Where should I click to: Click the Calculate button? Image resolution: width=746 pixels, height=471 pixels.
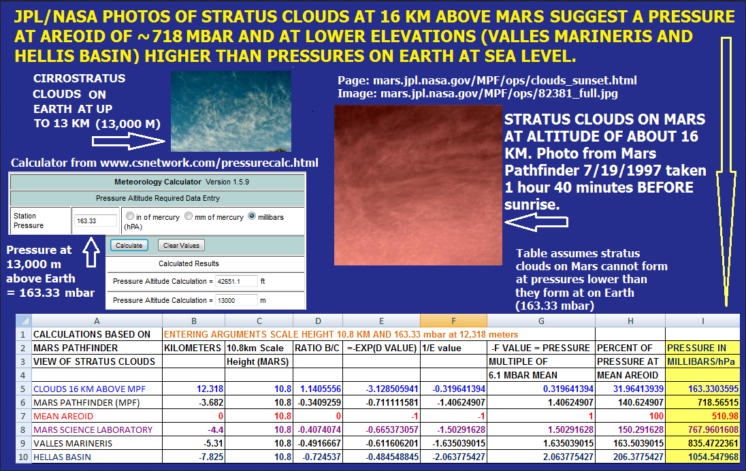tap(129, 245)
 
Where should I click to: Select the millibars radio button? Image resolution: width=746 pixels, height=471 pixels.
tap(252, 216)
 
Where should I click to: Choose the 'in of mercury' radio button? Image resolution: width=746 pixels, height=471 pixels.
tap(130, 216)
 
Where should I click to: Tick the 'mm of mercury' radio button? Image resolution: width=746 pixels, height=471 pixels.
tap(189, 216)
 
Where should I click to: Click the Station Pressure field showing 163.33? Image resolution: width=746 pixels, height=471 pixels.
tap(95, 221)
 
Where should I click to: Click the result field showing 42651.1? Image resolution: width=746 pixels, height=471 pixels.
tap(236, 281)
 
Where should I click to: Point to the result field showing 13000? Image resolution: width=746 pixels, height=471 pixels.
tap(236, 300)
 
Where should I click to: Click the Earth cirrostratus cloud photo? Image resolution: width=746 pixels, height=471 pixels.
tap(231, 112)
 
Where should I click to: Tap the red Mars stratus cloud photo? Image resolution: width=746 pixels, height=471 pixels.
tap(418, 185)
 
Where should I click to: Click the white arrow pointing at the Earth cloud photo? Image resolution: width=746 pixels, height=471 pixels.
tap(129, 141)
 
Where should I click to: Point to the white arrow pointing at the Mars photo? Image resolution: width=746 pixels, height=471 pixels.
tap(536, 222)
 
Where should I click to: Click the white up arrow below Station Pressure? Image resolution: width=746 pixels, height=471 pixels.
tap(91, 252)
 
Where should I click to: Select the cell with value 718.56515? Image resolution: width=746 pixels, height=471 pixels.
tap(702, 402)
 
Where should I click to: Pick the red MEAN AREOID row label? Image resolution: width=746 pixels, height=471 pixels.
tap(63, 417)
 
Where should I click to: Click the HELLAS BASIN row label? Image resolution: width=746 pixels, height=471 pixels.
tap(62, 457)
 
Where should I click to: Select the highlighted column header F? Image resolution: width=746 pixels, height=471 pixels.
tap(453, 321)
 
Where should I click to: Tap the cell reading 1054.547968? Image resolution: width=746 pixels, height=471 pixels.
tap(702, 457)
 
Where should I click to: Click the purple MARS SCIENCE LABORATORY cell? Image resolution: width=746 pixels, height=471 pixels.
tap(93, 429)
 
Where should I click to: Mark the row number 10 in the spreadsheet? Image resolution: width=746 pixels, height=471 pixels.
tap(23, 457)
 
